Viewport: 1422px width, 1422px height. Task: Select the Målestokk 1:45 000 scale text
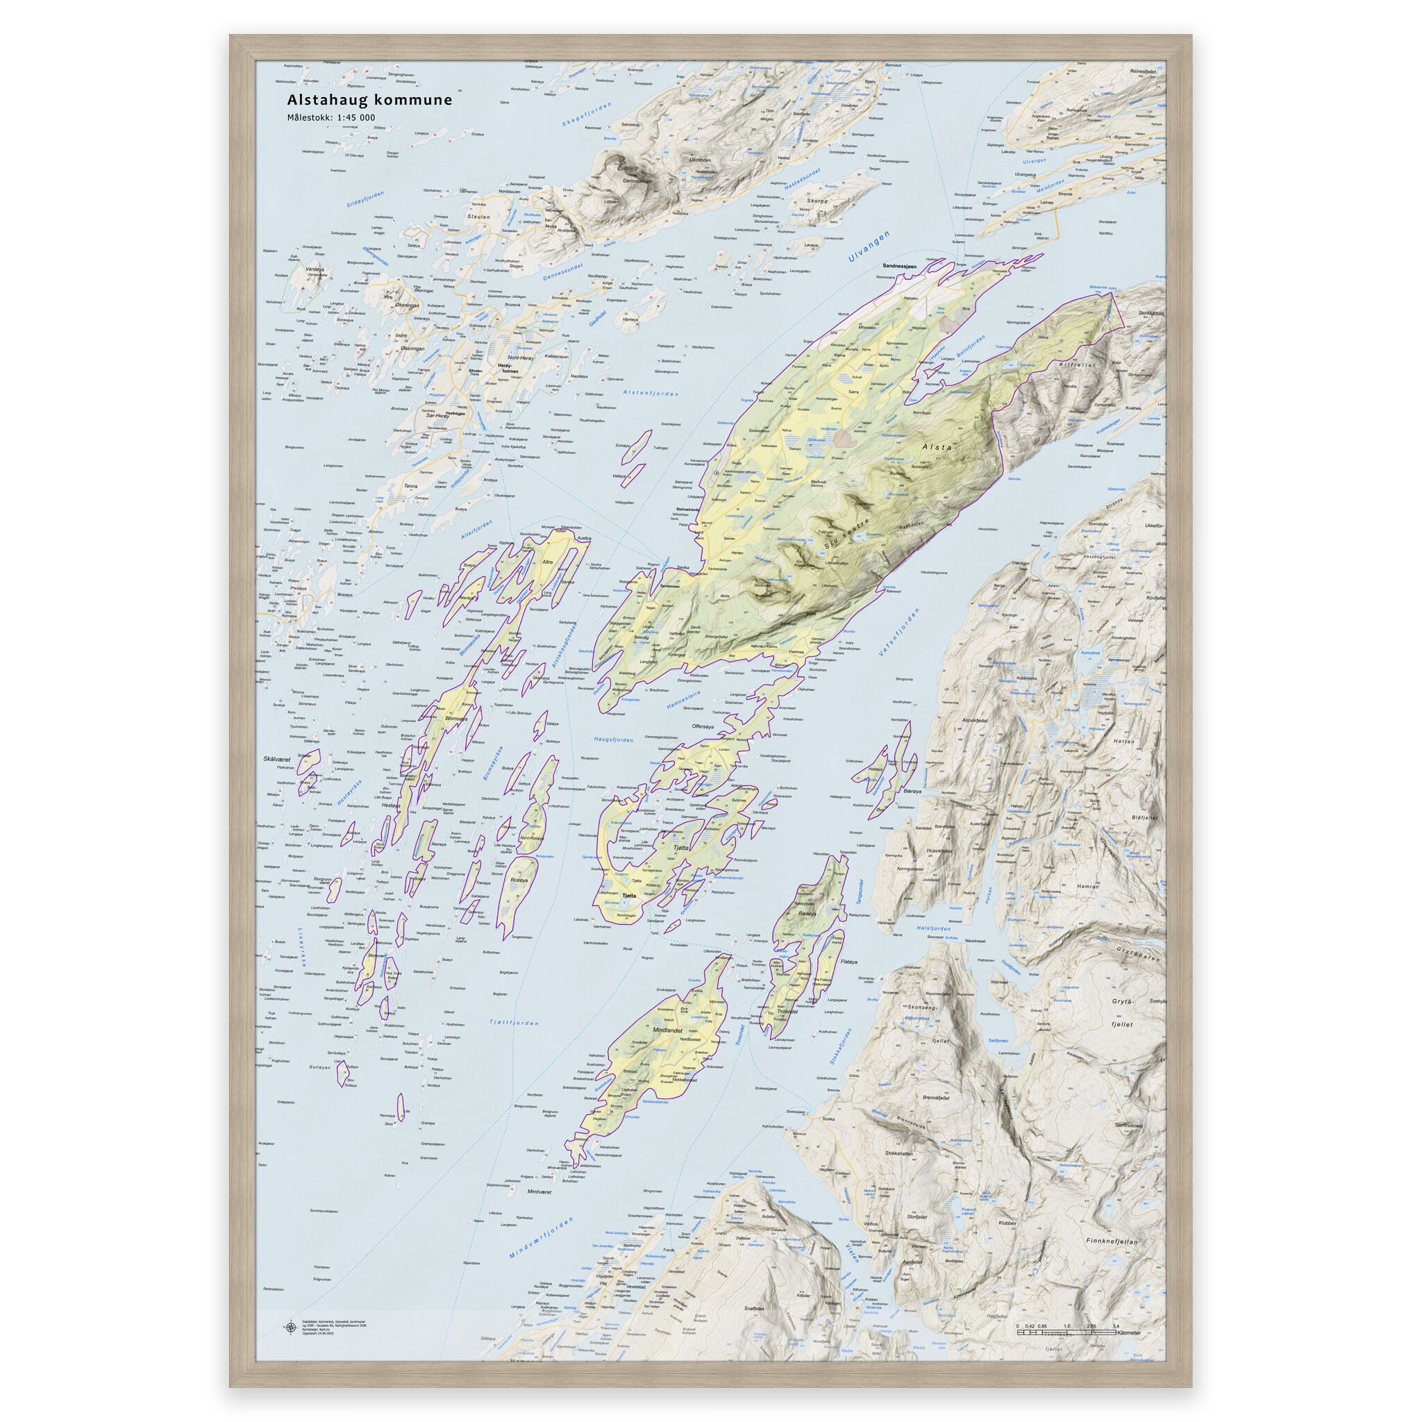(x=331, y=117)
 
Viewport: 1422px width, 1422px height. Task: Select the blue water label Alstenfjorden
(x=650, y=393)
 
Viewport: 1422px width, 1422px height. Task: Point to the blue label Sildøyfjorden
(x=368, y=198)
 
